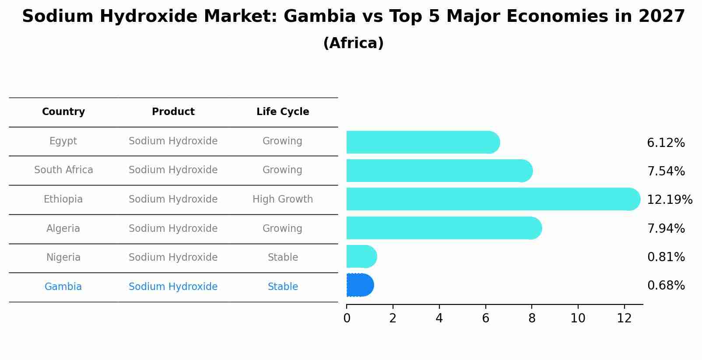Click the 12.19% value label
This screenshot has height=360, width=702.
tap(669, 200)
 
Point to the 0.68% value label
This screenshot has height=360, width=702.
tap(666, 286)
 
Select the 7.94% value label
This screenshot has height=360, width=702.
tap(666, 228)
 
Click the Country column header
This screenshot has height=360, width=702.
tap(63, 112)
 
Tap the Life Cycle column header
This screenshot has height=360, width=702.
tap(283, 112)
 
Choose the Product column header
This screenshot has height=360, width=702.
tap(173, 112)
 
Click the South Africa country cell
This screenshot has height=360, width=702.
tap(63, 170)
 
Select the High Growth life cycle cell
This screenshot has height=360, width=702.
tap(283, 199)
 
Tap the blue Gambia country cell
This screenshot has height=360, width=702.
tap(63, 287)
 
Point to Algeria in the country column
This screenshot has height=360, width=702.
tap(63, 229)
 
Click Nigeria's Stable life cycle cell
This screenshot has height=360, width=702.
tap(283, 258)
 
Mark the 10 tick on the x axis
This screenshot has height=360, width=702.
tap(578, 318)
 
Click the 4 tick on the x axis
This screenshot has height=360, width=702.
tap(439, 318)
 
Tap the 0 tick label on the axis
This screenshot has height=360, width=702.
tap(347, 318)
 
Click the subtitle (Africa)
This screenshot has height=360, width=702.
tap(353, 43)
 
